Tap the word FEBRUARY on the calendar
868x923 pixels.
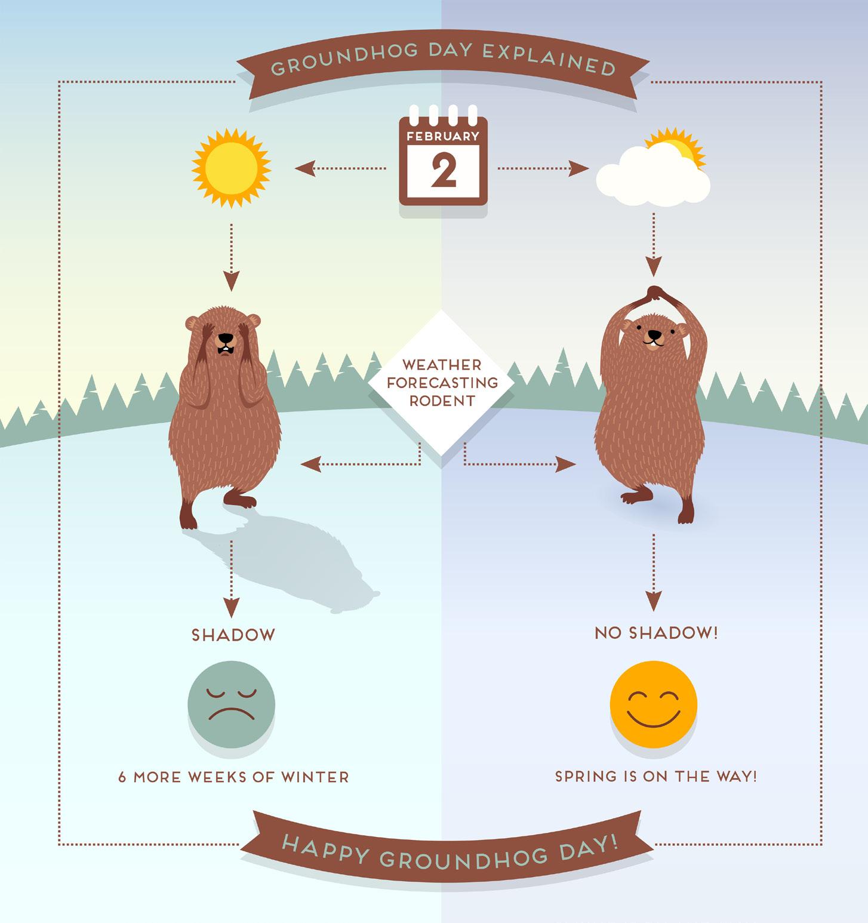pyautogui.click(x=443, y=136)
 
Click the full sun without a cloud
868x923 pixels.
pyautogui.click(x=231, y=167)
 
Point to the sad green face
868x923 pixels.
pyautogui.click(x=232, y=703)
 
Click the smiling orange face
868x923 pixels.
pyautogui.click(x=654, y=703)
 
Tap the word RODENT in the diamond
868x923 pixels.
pyautogui.click(x=442, y=401)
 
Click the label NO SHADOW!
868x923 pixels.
pyautogui.click(x=656, y=633)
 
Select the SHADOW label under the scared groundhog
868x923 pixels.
pyautogui.click(x=233, y=635)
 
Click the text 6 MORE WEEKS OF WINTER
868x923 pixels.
pyautogui.click(x=233, y=777)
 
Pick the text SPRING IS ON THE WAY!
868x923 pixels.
pyautogui.click(x=655, y=777)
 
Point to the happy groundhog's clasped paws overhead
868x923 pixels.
pyautogui.click(x=655, y=293)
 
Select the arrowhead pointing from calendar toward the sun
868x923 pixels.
pyautogui.click(x=303, y=168)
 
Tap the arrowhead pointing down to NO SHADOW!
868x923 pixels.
pyautogui.click(x=654, y=602)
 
